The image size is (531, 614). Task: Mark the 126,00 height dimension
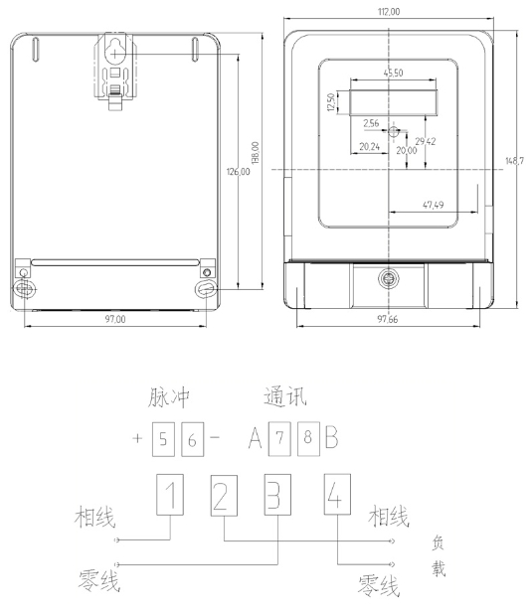239,172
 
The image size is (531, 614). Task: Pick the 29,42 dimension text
425,142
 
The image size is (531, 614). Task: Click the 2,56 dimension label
372,123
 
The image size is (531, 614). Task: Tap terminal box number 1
171,495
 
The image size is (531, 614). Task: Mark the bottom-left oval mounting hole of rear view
24,289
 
